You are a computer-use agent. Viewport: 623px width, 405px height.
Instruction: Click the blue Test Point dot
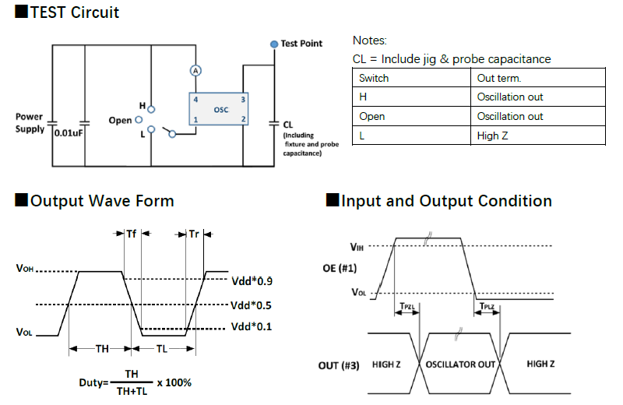pos(274,44)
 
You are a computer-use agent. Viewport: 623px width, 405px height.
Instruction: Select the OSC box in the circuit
pos(220,109)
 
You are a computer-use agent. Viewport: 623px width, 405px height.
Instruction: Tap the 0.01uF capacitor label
pos(69,132)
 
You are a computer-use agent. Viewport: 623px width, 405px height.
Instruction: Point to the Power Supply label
pos(30,122)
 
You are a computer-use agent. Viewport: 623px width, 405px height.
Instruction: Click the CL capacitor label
pos(288,124)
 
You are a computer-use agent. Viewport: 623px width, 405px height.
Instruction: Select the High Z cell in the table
pos(490,136)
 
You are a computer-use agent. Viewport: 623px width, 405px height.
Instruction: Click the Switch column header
pos(374,78)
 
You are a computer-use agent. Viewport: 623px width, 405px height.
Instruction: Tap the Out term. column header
pos(499,78)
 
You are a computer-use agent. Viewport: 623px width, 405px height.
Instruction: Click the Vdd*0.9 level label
pos(252,280)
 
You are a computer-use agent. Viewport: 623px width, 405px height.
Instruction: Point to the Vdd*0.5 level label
pos(252,305)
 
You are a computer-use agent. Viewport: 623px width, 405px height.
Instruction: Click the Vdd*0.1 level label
pos(252,326)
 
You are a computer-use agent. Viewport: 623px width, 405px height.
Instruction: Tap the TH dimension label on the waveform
pos(102,349)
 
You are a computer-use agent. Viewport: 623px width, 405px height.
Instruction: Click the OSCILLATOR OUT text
pos(460,364)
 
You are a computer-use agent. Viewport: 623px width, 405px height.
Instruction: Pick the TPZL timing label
pos(407,308)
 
